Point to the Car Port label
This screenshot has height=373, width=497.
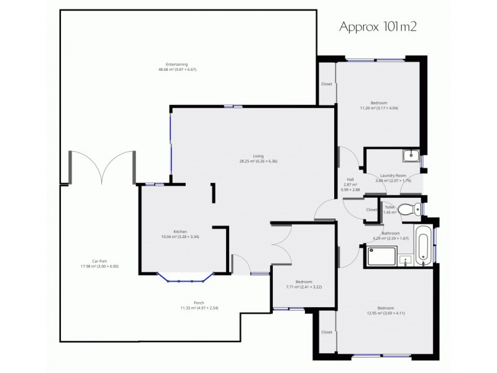(x=99, y=263)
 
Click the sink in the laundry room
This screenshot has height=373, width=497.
(x=411, y=155)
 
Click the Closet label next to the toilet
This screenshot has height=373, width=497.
(x=372, y=210)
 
